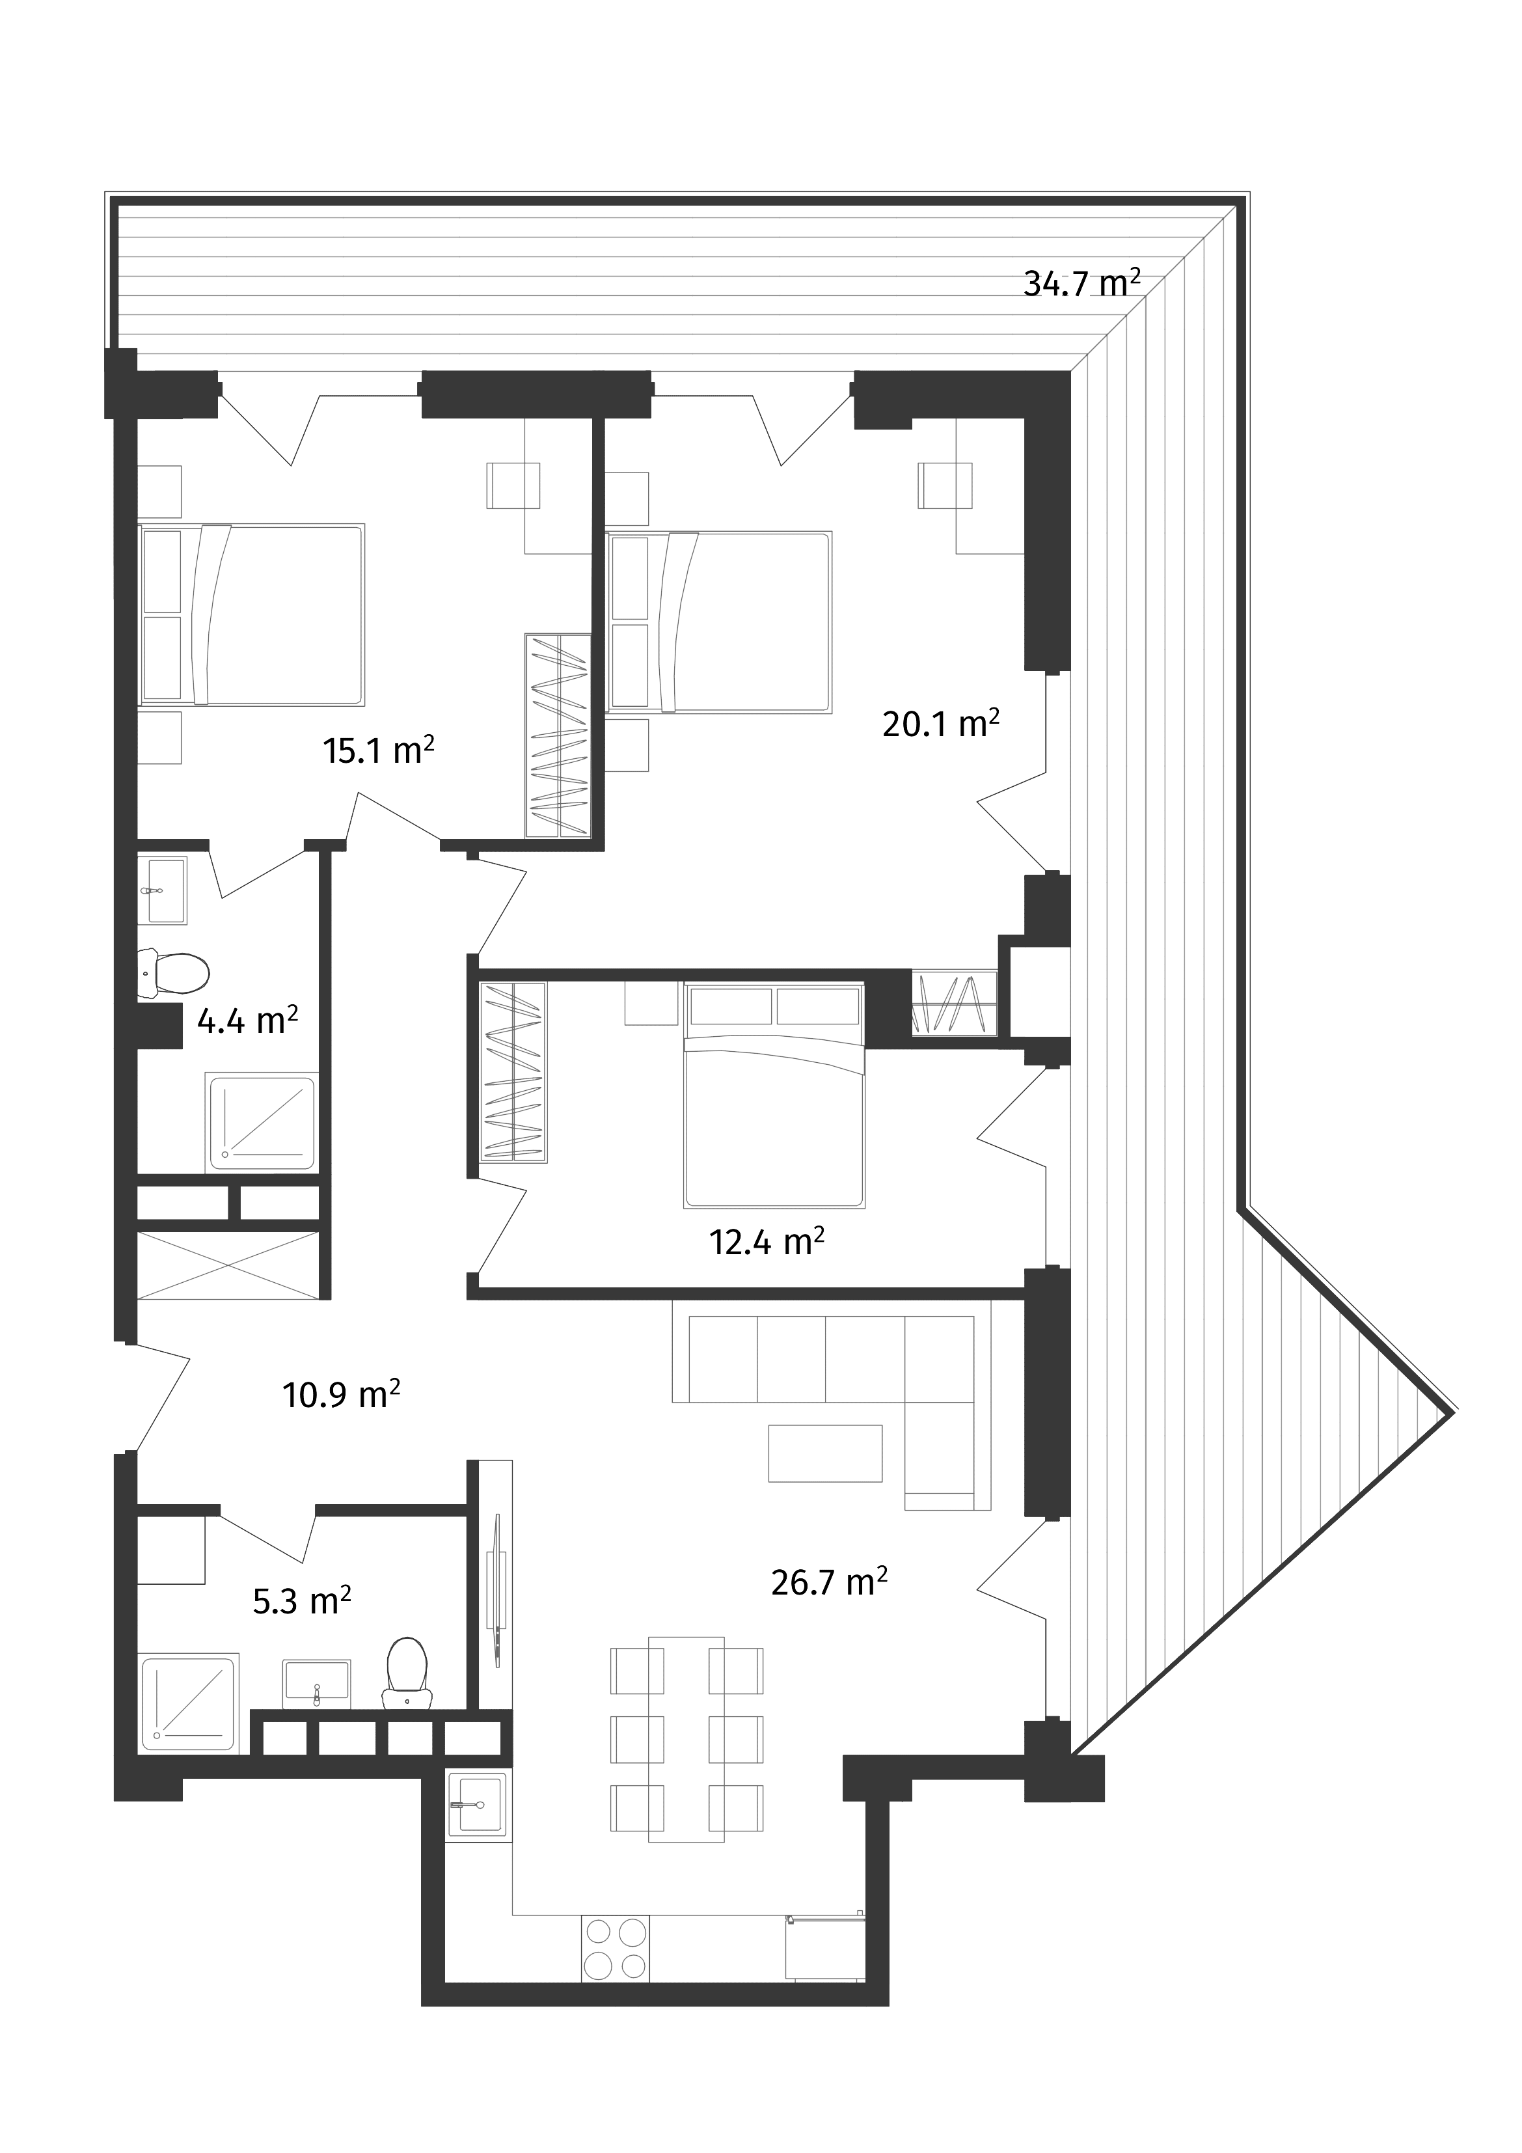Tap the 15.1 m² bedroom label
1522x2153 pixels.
tap(378, 750)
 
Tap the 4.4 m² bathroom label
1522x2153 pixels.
tap(247, 1019)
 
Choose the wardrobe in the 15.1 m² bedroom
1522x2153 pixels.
tap(556, 735)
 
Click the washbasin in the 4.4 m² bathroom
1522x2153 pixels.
tap(165, 890)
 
